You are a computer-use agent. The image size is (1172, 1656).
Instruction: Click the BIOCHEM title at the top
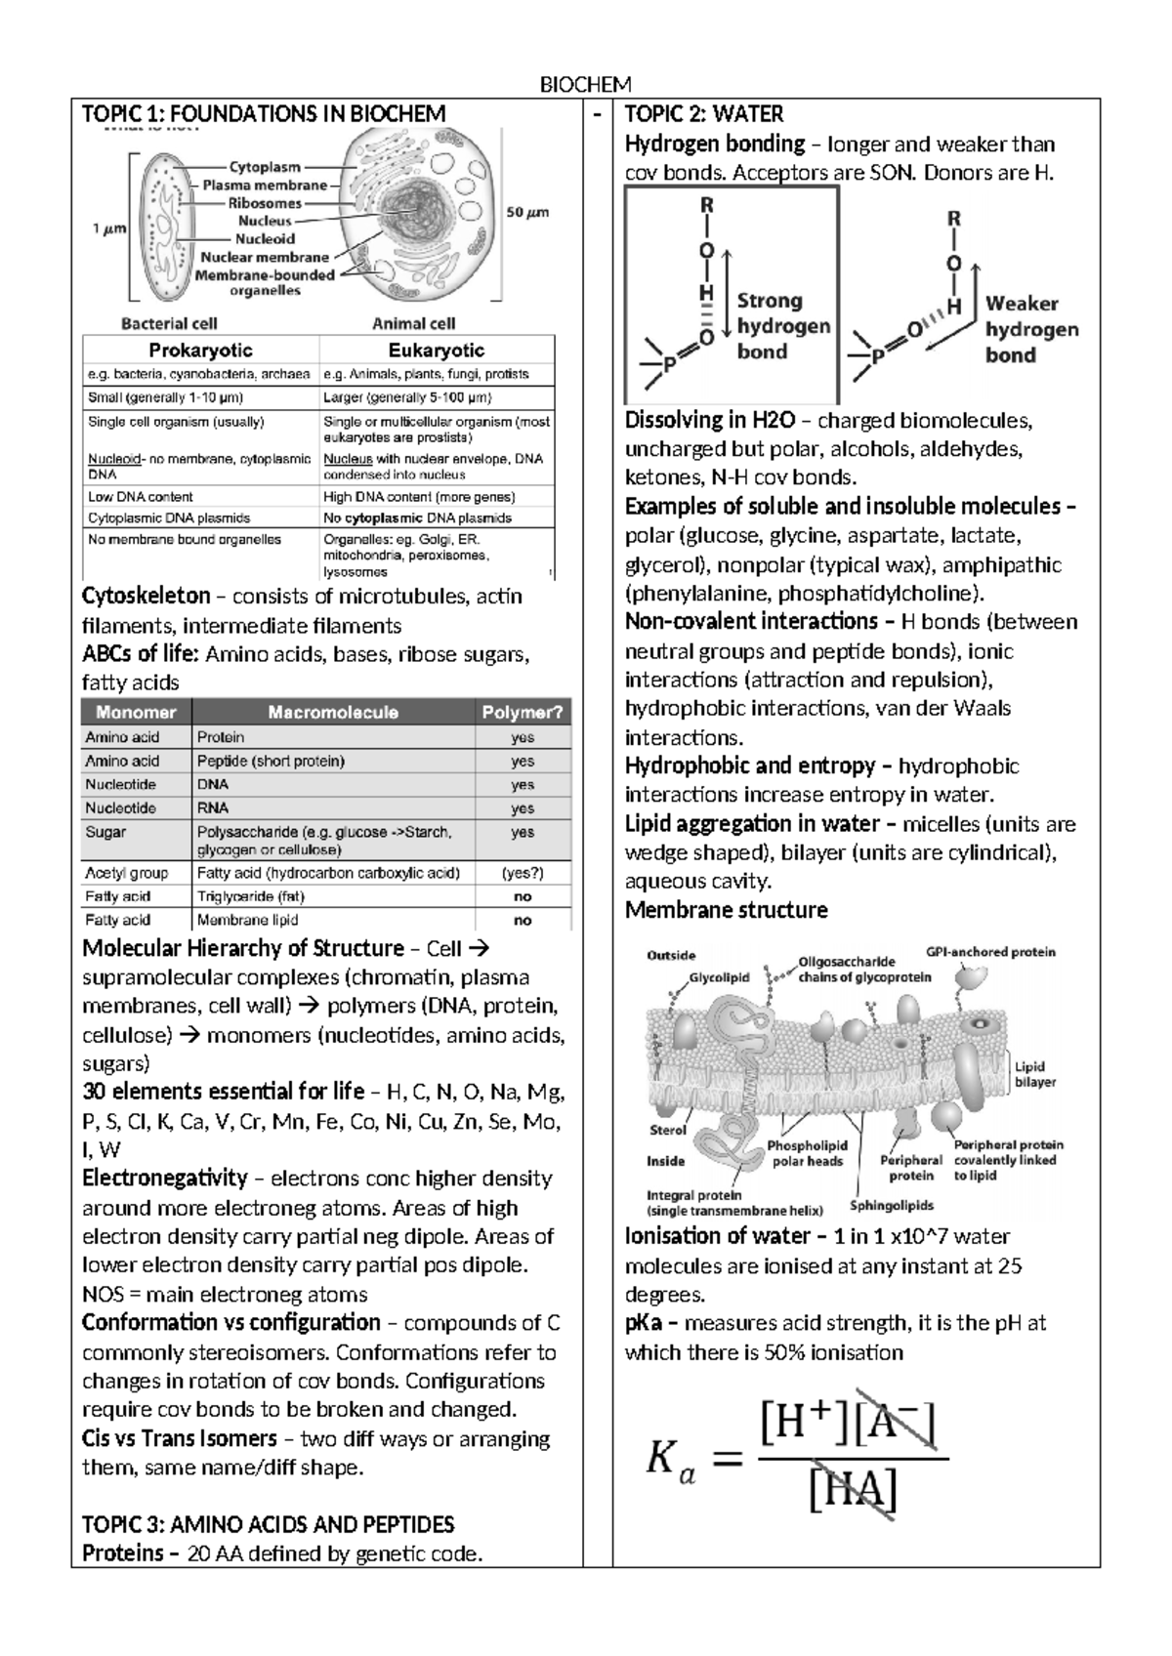(x=586, y=84)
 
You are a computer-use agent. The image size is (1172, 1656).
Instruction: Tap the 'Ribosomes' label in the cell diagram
(x=265, y=203)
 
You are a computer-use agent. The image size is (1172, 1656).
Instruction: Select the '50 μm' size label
(x=527, y=212)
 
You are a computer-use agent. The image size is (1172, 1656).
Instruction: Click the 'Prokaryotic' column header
(x=200, y=351)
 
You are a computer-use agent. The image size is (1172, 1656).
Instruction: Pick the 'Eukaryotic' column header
(x=436, y=351)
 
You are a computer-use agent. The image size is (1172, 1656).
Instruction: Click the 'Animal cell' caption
(x=413, y=323)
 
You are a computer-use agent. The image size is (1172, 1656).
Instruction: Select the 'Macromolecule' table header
(x=332, y=713)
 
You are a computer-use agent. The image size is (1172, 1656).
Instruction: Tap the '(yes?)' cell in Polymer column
(x=523, y=873)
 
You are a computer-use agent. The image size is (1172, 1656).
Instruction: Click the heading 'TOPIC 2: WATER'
(x=703, y=114)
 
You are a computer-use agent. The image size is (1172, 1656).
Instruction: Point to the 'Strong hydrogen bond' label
(x=783, y=326)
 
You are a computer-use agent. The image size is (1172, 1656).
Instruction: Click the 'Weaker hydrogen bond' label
(x=1031, y=329)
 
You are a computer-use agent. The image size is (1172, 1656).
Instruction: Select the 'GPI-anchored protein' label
(x=990, y=952)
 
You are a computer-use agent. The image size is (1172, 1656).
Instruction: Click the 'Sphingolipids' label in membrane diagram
(x=892, y=1205)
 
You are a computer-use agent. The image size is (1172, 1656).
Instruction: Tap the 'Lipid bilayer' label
(x=1033, y=1074)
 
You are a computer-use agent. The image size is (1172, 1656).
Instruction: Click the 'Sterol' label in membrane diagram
(x=668, y=1130)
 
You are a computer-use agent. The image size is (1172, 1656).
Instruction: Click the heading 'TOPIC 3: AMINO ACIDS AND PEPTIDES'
(x=269, y=1524)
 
